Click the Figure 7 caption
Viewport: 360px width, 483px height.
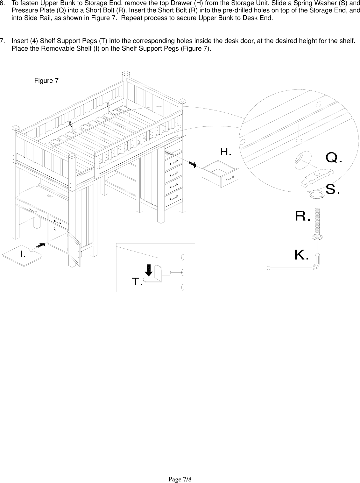coord(46,81)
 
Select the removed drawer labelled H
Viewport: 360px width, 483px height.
coord(220,174)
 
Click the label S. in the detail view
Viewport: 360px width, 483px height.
coord(333,190)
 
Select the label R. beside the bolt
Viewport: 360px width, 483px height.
coord(302,217)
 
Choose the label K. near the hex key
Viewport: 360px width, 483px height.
coord(301,255)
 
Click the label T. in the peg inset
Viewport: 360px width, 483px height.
coord(137,281)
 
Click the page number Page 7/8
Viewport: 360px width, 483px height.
coord(180,470)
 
